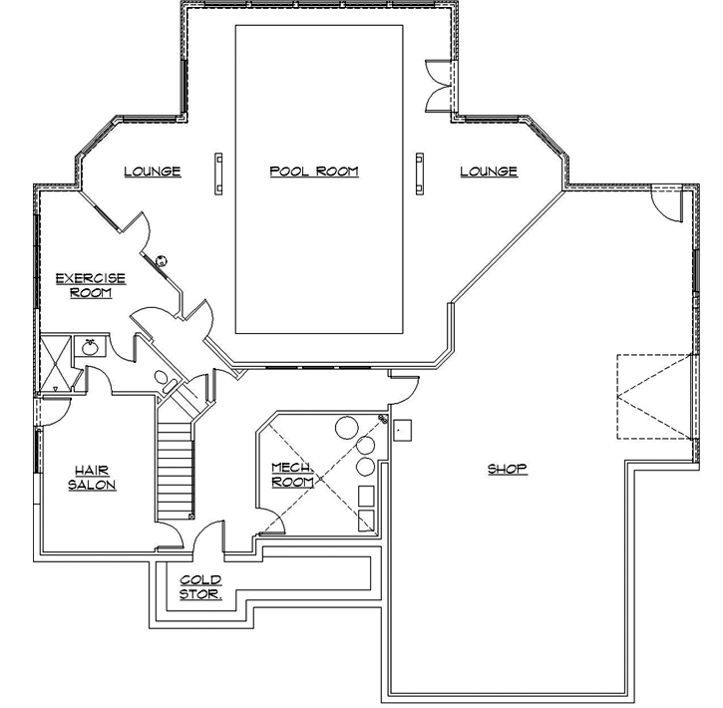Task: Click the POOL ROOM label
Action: [313, 172]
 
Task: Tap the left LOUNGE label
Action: [153, 172]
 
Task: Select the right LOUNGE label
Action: [489, 172]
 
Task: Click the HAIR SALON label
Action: [92, 478]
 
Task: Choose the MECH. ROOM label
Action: [292, 475]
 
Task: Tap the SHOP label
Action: [507, 469]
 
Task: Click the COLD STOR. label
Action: [200, 587]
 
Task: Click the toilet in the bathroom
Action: [162, 378]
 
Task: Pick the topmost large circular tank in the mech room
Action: [346, 426]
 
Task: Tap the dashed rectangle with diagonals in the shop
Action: [653, 397]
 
